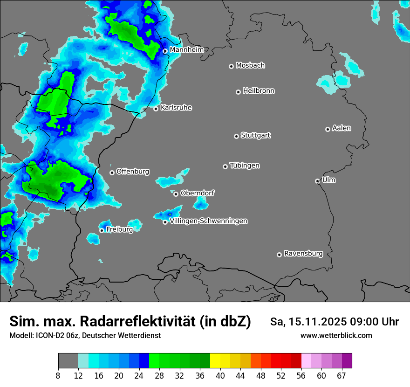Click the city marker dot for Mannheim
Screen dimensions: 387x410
pos(165,51)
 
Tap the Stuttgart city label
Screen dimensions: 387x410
pos(256,135)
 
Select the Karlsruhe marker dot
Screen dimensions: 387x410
pos(156,109)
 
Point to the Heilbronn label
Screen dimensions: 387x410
pos(259,90)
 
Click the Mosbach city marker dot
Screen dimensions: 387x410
pos(231,66)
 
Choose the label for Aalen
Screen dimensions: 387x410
pos(342,128)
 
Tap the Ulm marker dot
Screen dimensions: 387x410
pos(317,181)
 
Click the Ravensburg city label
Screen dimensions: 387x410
pos(303,254)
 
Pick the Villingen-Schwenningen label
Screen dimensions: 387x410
pos(208,221)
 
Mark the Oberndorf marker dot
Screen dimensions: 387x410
pos(176,194)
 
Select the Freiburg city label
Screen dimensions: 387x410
pos(119,229)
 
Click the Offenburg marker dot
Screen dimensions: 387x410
pos(112,173)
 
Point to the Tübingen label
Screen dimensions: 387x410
pos(245,166)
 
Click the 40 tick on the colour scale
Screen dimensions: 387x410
pos(220,375)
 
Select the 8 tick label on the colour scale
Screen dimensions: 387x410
pos(58,375)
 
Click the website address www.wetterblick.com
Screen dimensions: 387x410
pos(336,335)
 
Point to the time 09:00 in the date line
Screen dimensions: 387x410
pos(355,322)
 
